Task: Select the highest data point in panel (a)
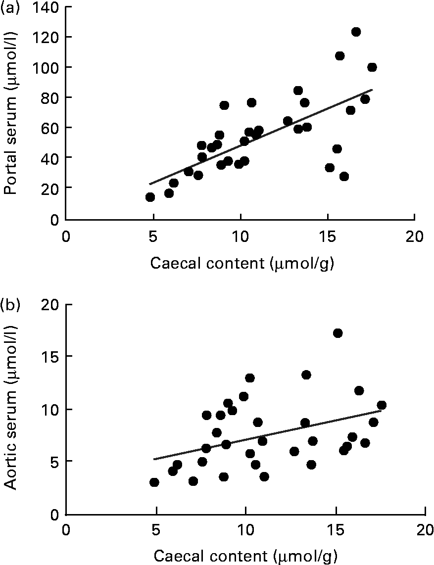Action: click(x=356, y=32)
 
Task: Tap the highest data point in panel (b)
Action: click(x=338, y=333)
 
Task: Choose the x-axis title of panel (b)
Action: click(x=246, y=556)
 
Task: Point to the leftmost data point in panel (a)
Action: click(x=150, y=197)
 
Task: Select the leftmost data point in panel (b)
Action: click(x=154, y=482)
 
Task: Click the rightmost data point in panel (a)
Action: click(x=372, y=67)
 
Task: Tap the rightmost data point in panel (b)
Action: click(x=381, y=405)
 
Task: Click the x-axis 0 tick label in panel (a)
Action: click(x=66, y=236)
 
